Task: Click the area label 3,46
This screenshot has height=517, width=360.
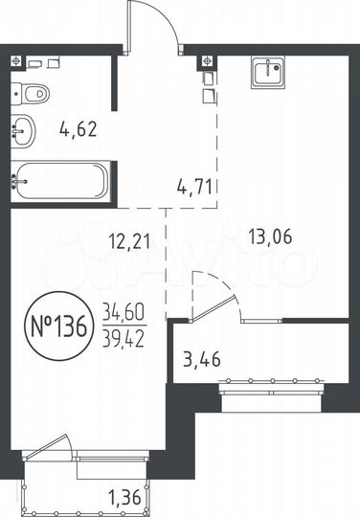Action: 201,361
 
